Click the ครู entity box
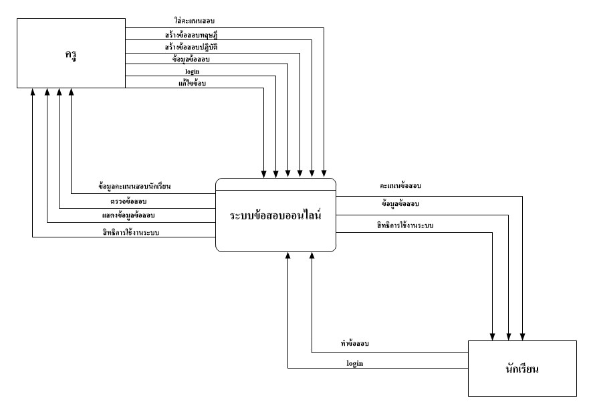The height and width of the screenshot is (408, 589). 71,54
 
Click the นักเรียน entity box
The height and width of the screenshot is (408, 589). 521,368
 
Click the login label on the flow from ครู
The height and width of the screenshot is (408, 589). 192,70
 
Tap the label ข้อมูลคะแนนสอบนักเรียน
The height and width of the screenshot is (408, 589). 134,187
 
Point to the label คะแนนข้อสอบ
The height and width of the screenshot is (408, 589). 400,185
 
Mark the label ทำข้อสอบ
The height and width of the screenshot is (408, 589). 355,344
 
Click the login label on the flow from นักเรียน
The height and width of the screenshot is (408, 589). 355,363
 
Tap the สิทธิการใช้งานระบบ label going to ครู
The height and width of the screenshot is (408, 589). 131,232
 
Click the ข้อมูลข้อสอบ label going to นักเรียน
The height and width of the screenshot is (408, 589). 400,203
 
